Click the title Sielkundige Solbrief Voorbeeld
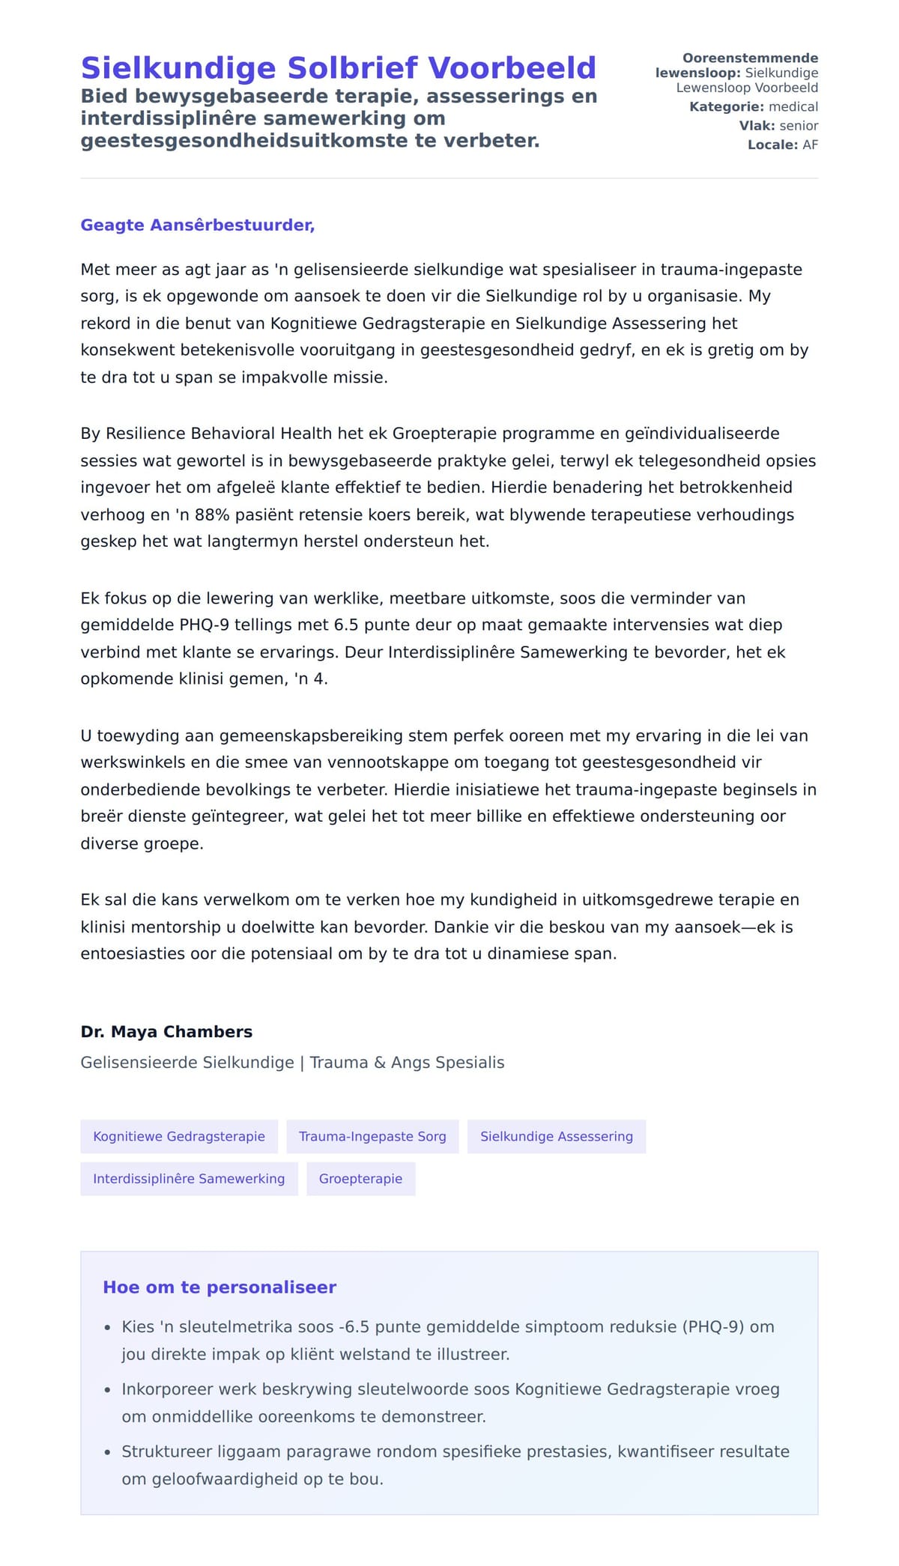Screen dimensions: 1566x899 click(x=338, y=68)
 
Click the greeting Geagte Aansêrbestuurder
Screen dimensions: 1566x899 click(x=197, y=225)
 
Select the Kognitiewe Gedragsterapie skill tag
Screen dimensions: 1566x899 click(x=179, y=1136)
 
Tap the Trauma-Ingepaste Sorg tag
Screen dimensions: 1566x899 click(x=372, y=1136)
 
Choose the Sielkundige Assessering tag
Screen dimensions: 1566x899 click(x=556, y=1136)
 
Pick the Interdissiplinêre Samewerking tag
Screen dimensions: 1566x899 click(x=189, y=1179)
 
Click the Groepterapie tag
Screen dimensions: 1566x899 click(x=360, y=1179)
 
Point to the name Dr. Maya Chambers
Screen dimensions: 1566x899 click(x=166, y=1031)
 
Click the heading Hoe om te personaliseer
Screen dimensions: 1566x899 click(x=220, y=1287)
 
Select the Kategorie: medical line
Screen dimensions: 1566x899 click(x=753, y=107)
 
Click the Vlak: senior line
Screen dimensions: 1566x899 click(x=778, y=126)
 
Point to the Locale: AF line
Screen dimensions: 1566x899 click(x=782, y=145)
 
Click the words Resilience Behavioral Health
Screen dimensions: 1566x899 click(x=219, y=434)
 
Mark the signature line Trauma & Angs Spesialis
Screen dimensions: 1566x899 click(x=407, y=1063)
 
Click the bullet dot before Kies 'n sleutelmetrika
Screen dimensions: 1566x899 click(x=107, y=1328)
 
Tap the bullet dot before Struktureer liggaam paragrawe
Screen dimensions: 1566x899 click(x=107, y=1453)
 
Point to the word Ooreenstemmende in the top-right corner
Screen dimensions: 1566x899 click(x=750, y=58)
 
